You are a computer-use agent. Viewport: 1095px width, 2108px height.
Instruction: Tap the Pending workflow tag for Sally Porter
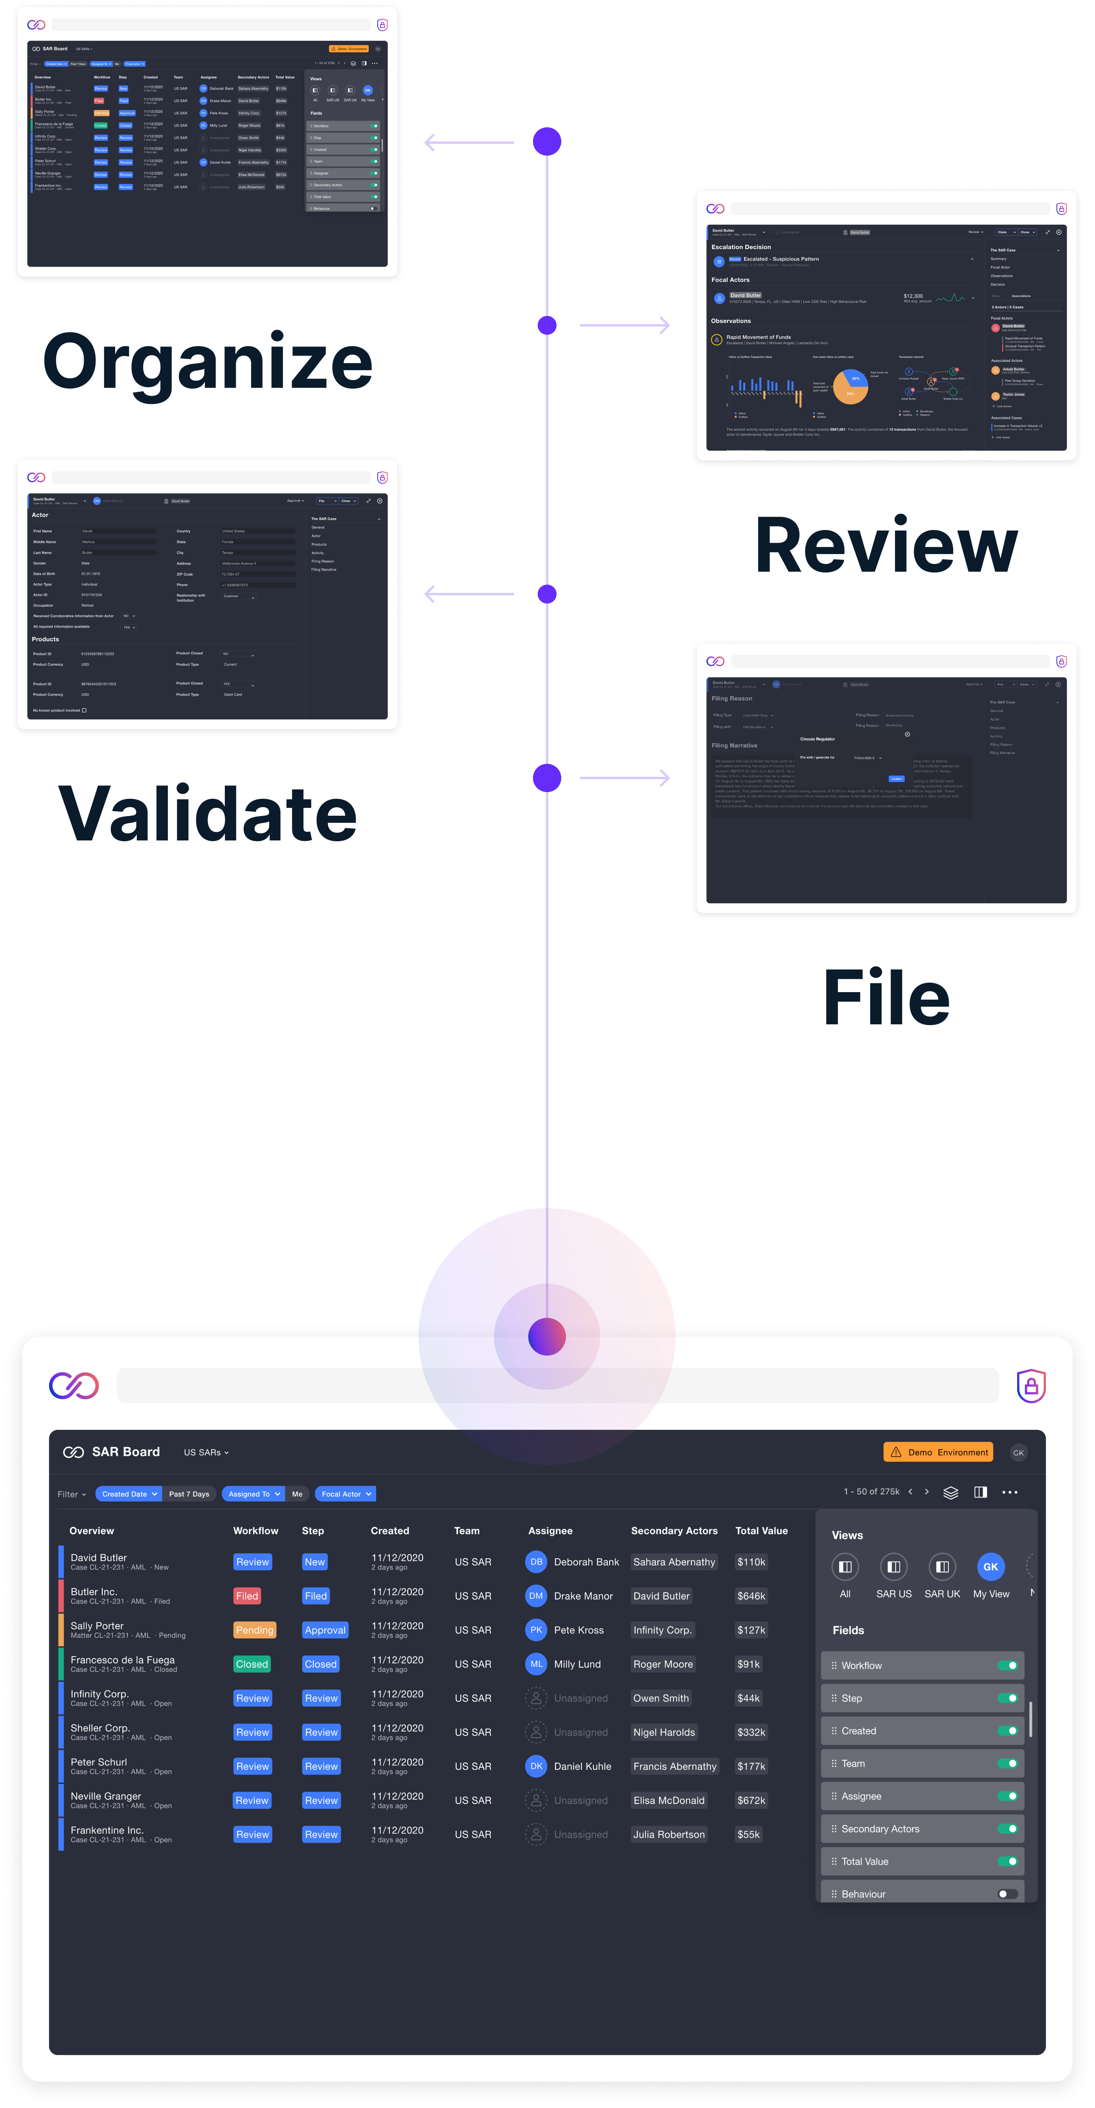point(255,1630)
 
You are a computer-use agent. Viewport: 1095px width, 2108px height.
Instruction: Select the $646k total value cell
point(750,1596)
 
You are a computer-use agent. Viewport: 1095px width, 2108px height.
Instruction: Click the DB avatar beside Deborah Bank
point(536,1561)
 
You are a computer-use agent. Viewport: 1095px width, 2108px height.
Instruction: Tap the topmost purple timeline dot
point(547,141)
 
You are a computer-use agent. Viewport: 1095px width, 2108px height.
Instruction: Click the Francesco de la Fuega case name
point(123,1660)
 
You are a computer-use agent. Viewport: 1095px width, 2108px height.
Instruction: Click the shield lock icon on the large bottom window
point(1031,1385)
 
